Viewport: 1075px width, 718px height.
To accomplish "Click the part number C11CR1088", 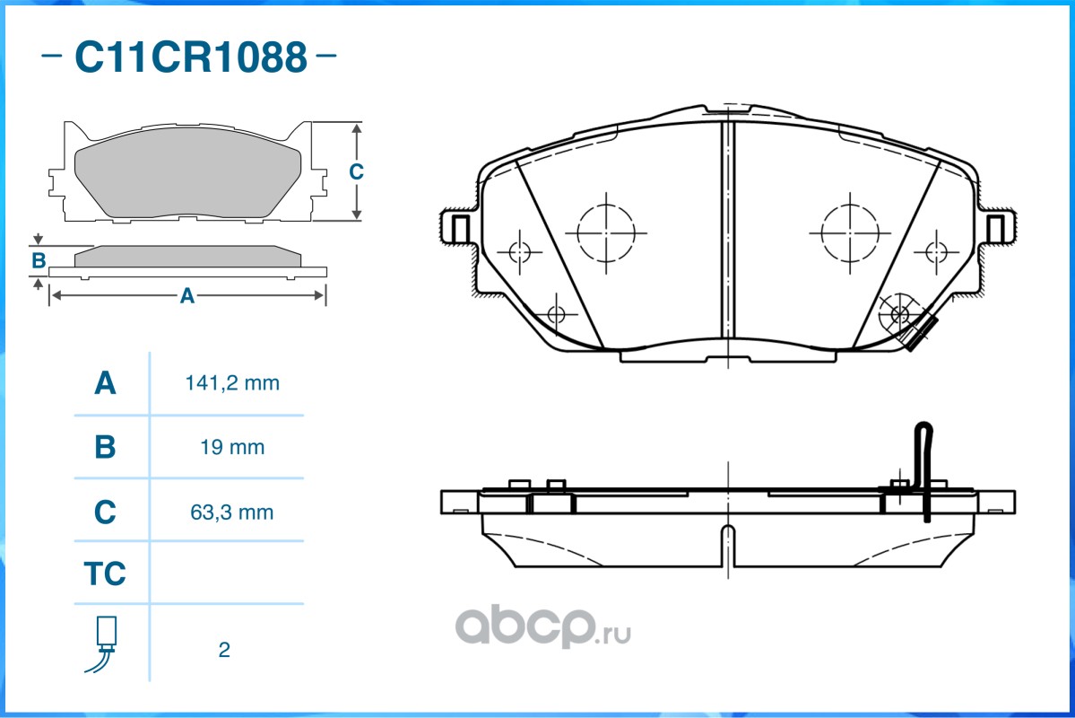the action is click(x=190, y=57).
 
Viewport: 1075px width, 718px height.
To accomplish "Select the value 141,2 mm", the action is click(x=232, y=383).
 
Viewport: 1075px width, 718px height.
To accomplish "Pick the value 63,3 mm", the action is click(x=232, y=512).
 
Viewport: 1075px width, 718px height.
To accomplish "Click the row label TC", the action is click(x=105, y=574).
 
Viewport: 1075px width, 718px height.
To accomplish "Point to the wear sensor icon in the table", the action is click(x=105, y=643).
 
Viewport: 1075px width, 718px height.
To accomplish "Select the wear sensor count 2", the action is click(x=224, y=650).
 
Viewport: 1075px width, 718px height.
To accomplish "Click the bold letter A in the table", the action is click(x=105, y=383).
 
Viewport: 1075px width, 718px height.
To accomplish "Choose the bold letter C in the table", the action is click(x=105, y=512).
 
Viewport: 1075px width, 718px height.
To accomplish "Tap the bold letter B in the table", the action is click(x=105, y=447).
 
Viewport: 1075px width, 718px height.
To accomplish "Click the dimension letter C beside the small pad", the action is click(x=356, y=171).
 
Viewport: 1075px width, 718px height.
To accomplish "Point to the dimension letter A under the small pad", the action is click(x=186, y=295).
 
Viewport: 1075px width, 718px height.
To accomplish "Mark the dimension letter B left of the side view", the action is click(x=39, y=261).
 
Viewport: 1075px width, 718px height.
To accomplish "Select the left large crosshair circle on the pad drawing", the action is click(x=606, y=232).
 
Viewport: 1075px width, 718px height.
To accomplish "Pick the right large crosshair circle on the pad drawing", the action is click(x=850, y=232).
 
